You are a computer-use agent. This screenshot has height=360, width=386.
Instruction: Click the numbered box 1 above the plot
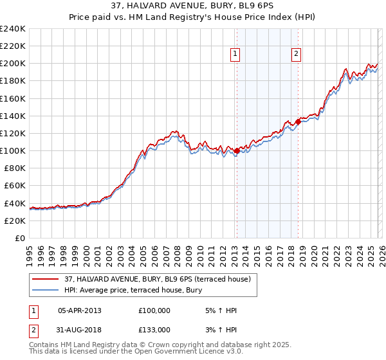click(x=236, y=55)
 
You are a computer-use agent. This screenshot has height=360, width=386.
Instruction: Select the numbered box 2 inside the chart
click(x=297, y=55)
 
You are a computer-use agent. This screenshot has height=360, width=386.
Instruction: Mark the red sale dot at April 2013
click(x=237, y=151)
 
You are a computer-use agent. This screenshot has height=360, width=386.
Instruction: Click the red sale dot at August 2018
click(x=298, y=122)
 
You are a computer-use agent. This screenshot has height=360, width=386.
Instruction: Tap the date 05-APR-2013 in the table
click(x=80, y=310)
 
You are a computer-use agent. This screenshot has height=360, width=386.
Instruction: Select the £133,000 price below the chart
click(x=154, y=330)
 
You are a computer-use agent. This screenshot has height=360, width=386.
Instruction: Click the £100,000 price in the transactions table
click(x=154, y=310)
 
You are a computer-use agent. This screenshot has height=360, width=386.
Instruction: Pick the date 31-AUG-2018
click(x=80, y=330)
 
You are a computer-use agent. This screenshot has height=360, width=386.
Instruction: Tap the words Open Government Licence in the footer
click(x=178, y=353)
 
